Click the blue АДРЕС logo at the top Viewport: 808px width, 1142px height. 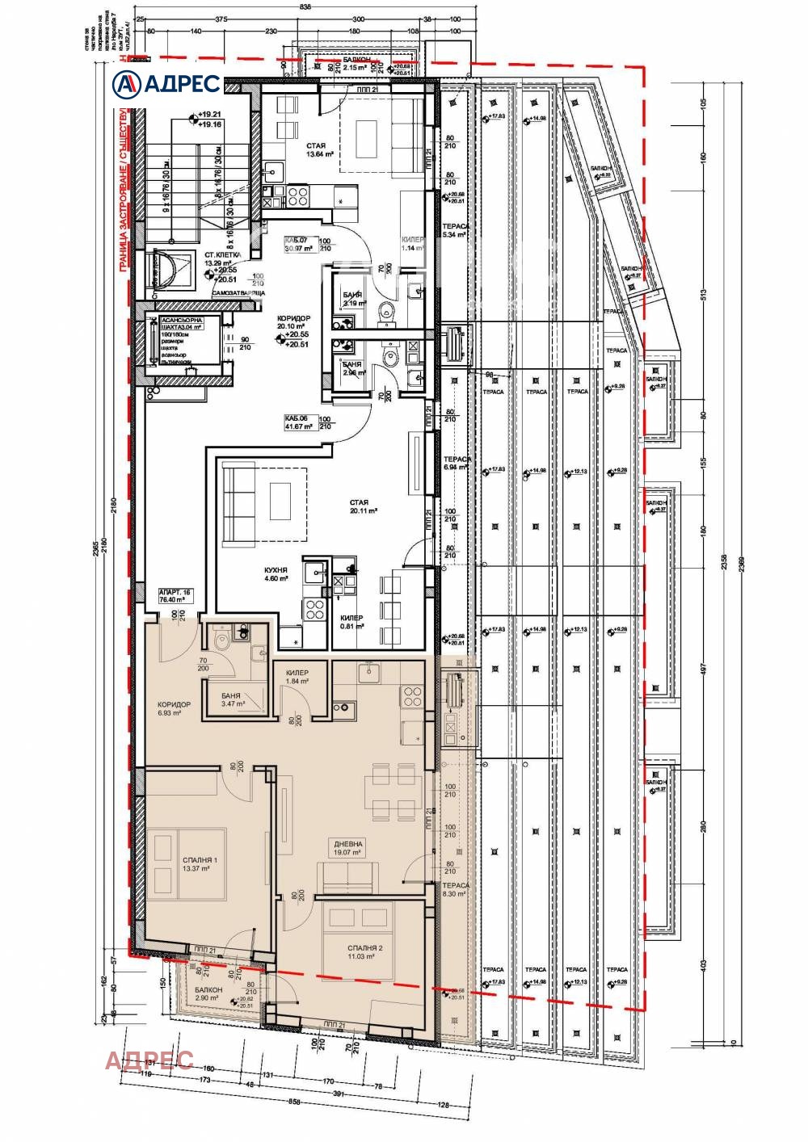tap(166, 83)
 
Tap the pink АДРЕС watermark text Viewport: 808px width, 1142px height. tap(149, 1059)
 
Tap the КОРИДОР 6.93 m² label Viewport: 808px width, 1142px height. tap(174, 708)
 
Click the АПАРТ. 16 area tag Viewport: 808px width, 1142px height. tap(175, 597)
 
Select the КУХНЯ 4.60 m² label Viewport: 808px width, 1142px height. tap(276, 573)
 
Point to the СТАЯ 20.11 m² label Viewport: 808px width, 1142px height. tap(360, 506)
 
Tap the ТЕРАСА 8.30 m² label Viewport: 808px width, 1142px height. tap(455, 889)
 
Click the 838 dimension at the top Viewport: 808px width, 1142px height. tap(282, 6)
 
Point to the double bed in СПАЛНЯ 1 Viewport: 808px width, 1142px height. tap(188, 863)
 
